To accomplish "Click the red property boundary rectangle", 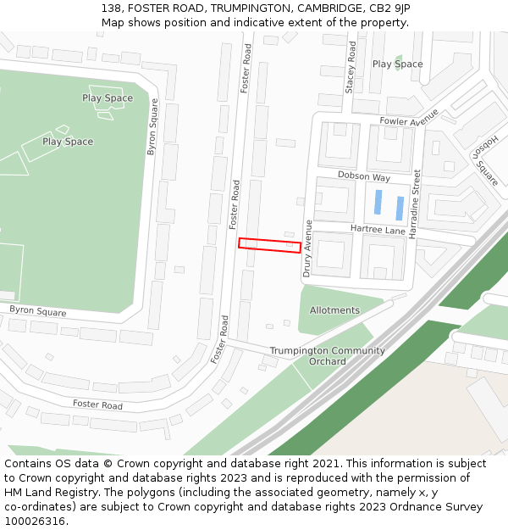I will click(269, 244).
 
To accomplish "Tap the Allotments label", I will click(334, 310).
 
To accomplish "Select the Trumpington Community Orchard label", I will click(327, 356).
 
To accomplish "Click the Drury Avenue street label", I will click(308, 248).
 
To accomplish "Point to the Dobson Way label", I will click(364, 177).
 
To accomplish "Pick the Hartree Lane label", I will click(378, 230).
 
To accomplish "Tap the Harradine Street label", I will click(416, 204).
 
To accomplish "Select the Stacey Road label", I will click(351, 68).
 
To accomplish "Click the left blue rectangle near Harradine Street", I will click(378, 203).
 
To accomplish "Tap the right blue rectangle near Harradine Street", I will click(400, 208).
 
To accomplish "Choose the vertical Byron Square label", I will click(152, 127).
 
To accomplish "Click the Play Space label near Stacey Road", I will click(397, 64).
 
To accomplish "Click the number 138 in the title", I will click(112, 8).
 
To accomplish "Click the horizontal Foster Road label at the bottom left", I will click(97, 405).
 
